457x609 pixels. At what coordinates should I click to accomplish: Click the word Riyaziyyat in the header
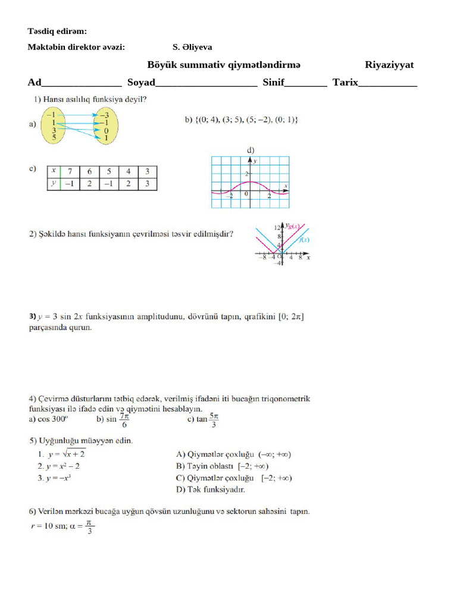coord(389,65)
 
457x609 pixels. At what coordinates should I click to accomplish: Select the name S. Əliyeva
coord(192,47)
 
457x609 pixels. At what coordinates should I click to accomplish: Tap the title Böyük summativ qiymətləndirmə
coord(224,65)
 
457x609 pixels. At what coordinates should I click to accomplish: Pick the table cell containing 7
coord(70,171)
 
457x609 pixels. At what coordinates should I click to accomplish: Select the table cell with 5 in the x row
coord(108,171)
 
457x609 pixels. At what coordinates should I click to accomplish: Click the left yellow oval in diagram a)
coord(54,125)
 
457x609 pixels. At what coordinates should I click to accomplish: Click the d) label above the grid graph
coord(251,150)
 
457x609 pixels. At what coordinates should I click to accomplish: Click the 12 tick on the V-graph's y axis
coord(277,228)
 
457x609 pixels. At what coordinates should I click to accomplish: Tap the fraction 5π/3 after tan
coord(214,420)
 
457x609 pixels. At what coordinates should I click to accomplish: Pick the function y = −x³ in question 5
coord(57,478)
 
